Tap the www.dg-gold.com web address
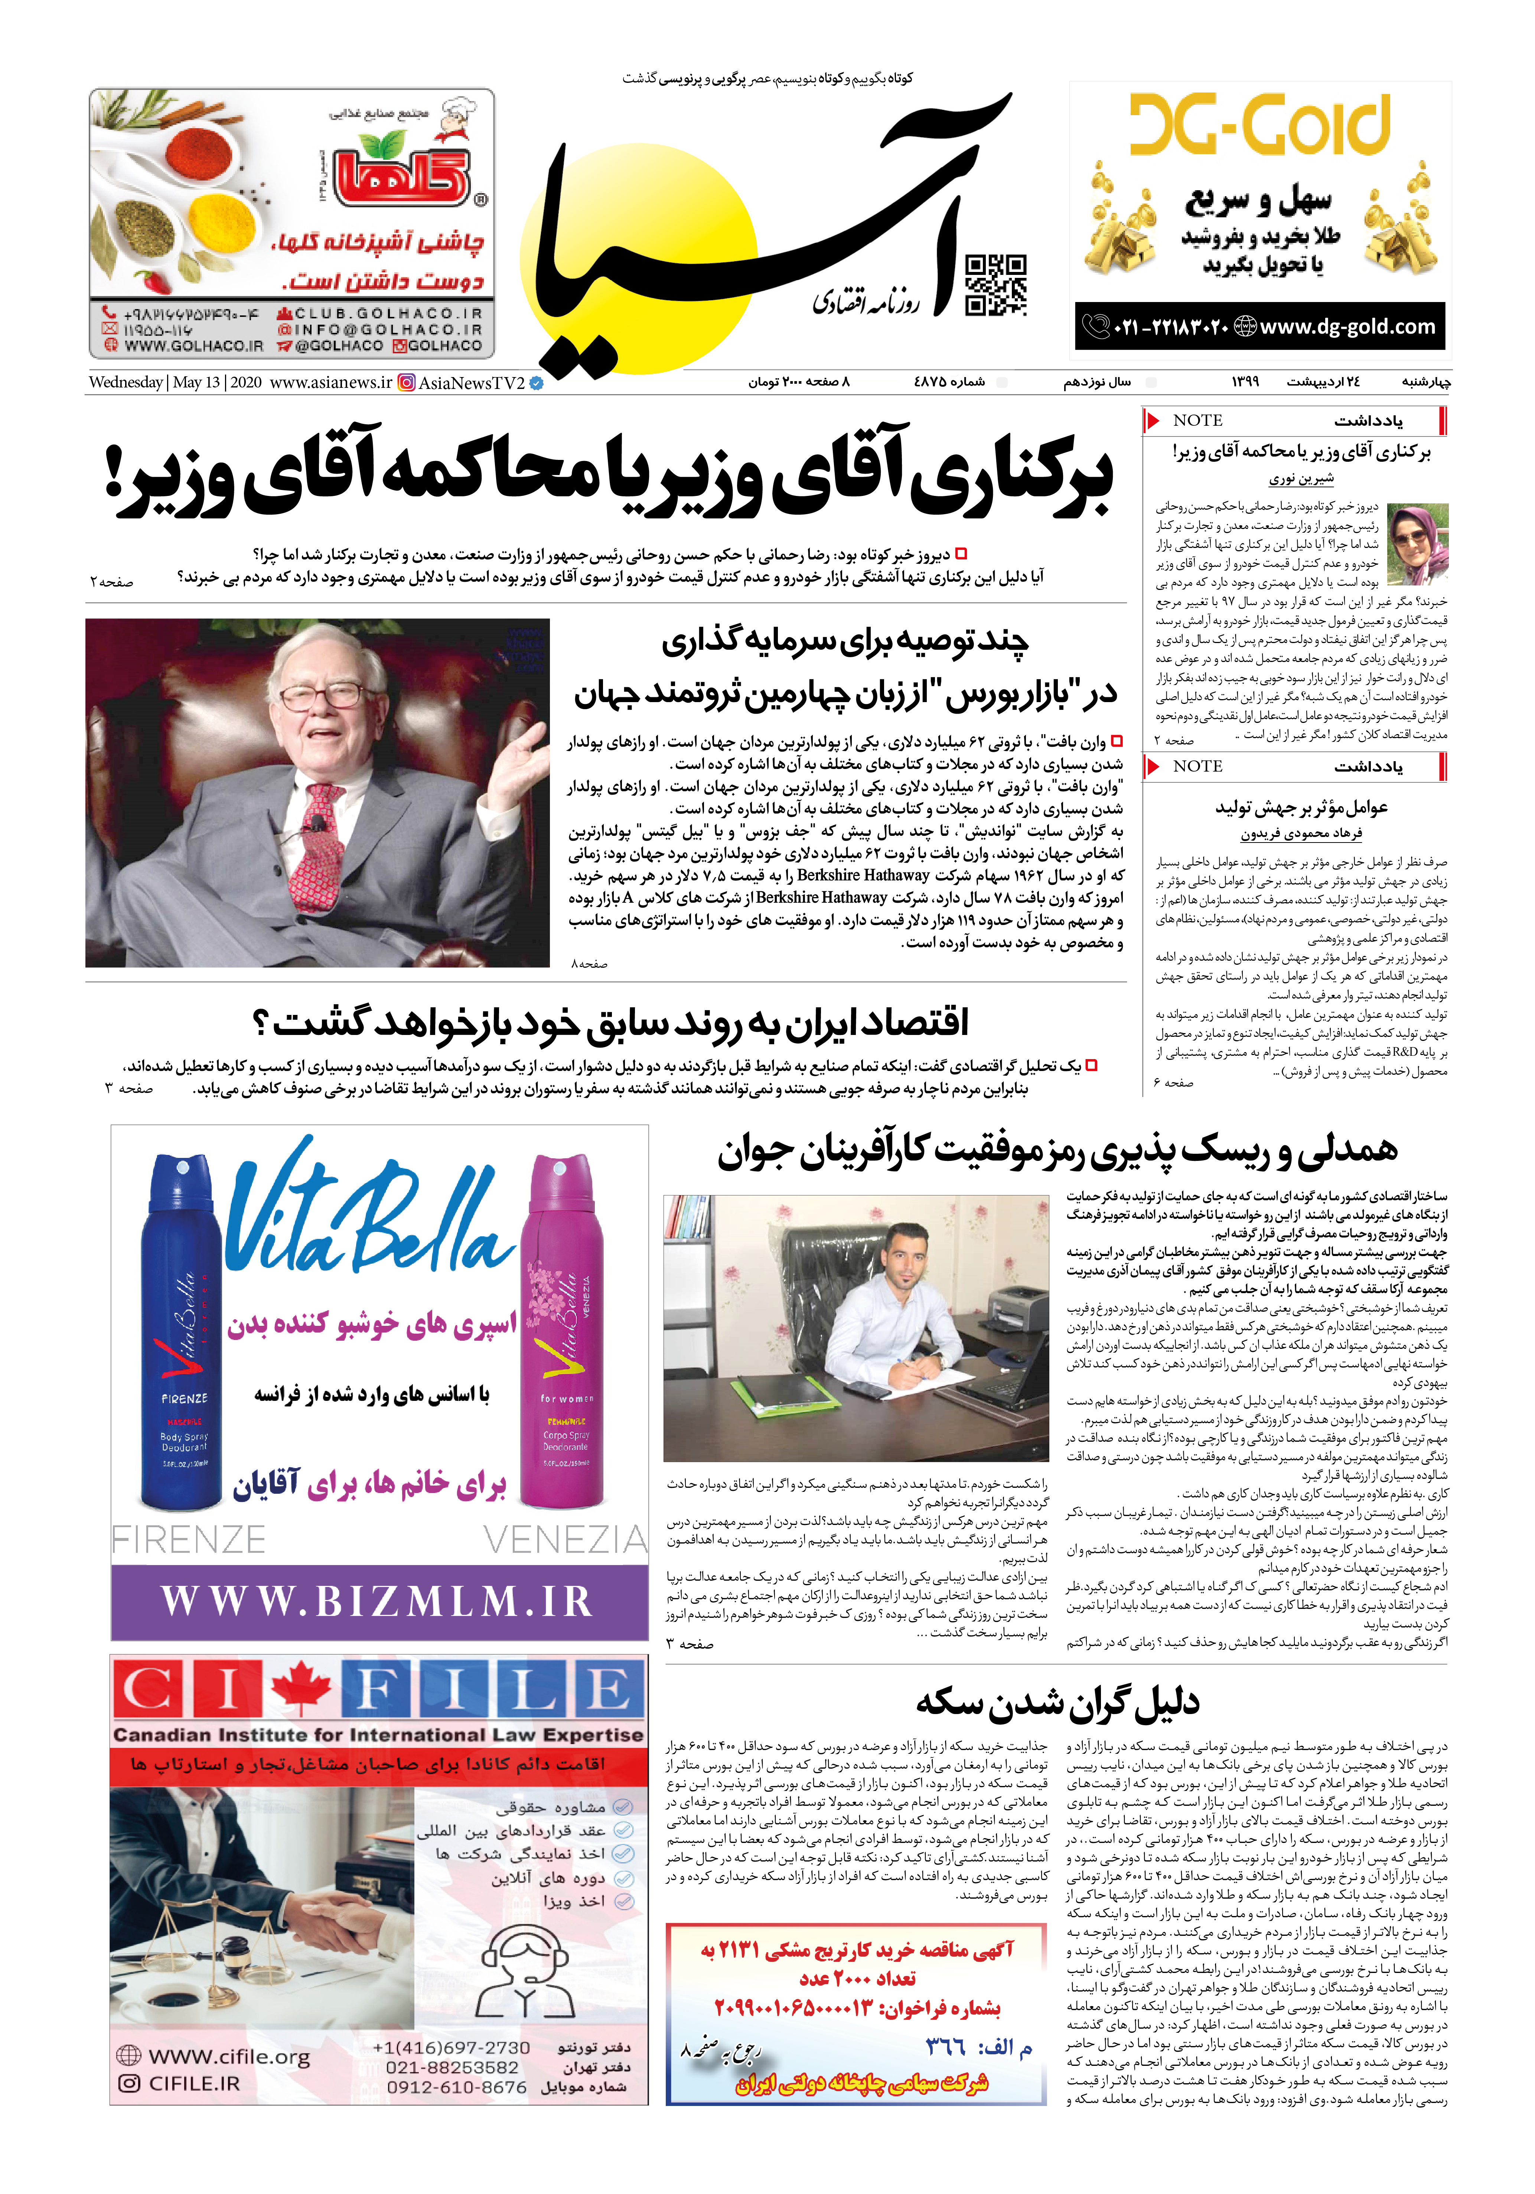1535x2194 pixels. point(1347,327)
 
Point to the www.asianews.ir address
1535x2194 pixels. point(330,382)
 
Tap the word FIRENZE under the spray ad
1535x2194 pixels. point(189,1541)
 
